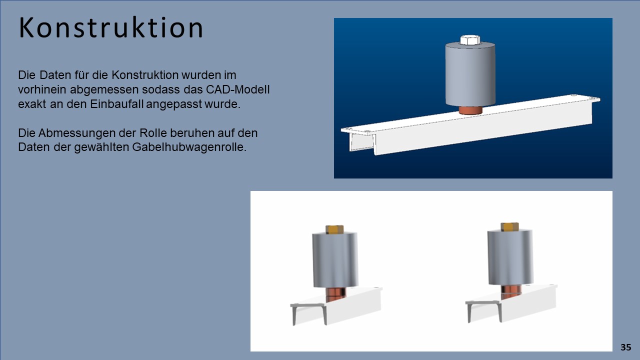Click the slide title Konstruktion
[111, 27]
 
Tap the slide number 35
[625, 347]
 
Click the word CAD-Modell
[237, 89]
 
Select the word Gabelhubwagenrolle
[189, 147]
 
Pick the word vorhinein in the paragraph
[42, 89]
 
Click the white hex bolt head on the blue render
[469, 40]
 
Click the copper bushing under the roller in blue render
[470, 110]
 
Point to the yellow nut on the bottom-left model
[334, 229]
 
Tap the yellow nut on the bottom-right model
[509, 227]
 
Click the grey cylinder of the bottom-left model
[335, 260]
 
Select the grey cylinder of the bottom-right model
[510, 257]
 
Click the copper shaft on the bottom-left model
[335, 294]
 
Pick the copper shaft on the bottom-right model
[511, 291]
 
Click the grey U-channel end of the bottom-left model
[308, 313]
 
